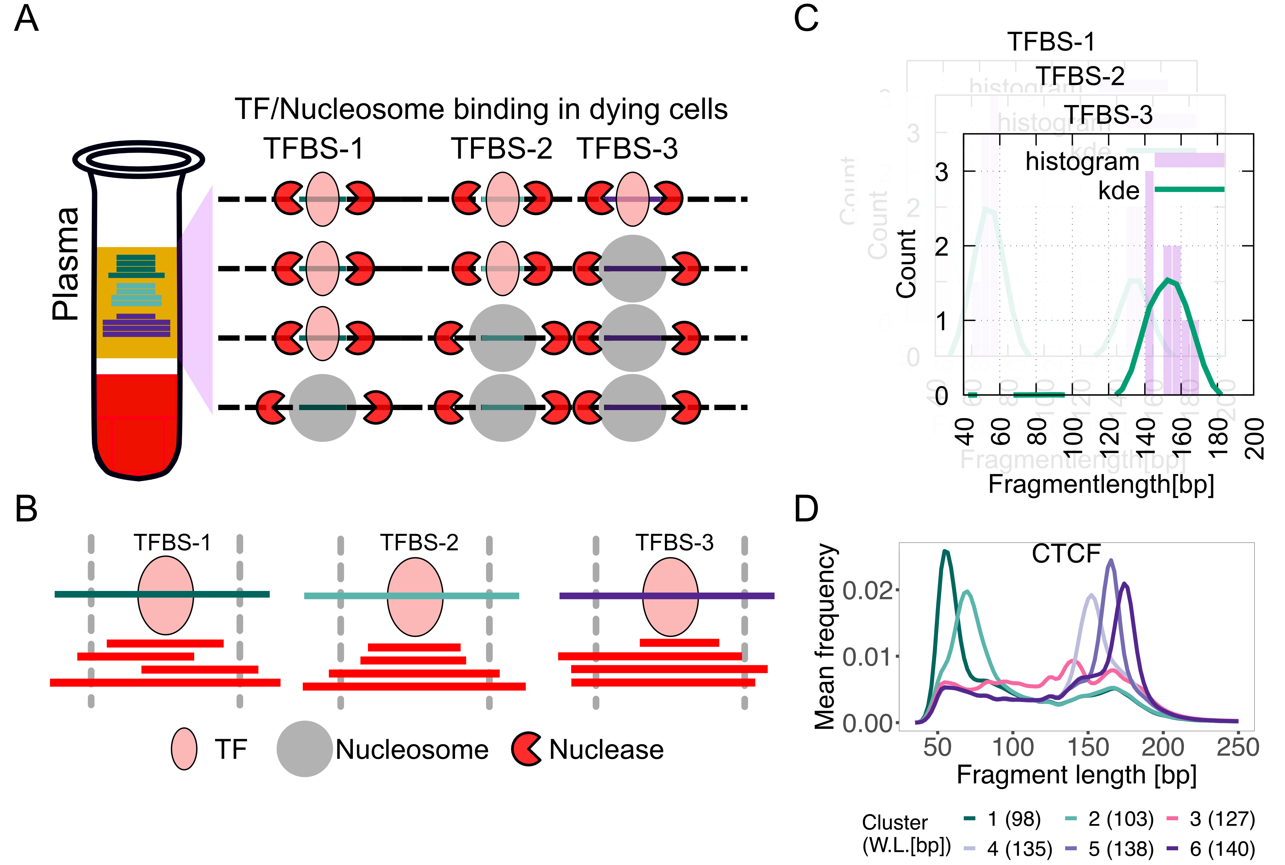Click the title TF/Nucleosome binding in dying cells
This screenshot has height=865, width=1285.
481,109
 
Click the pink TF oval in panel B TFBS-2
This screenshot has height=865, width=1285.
415,596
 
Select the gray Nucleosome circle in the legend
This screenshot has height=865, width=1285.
304,748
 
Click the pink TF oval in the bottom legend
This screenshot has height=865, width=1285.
184,748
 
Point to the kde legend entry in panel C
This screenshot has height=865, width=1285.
1119,190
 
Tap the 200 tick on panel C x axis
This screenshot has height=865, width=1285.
1255,439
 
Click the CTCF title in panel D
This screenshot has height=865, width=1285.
1066,553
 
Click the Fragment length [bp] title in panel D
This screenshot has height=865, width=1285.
1076,775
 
